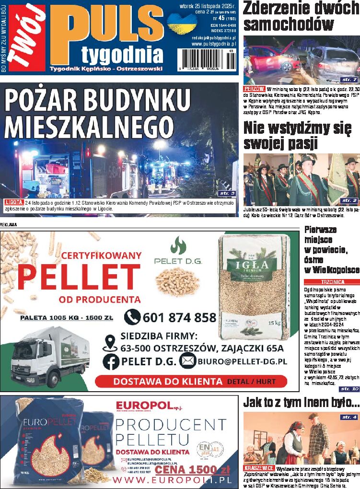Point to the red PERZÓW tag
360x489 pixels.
tap(254, 89)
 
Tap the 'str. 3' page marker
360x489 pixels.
tap(226, 193)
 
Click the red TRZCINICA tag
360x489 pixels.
tap(331, 282)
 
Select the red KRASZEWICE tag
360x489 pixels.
tap(259, 467)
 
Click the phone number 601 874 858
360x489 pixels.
tap(179, 317)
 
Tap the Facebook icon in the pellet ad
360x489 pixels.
tap(111, 361)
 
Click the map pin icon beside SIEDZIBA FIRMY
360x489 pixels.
tap(110, 342)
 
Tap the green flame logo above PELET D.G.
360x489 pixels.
tap(178, 245)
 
